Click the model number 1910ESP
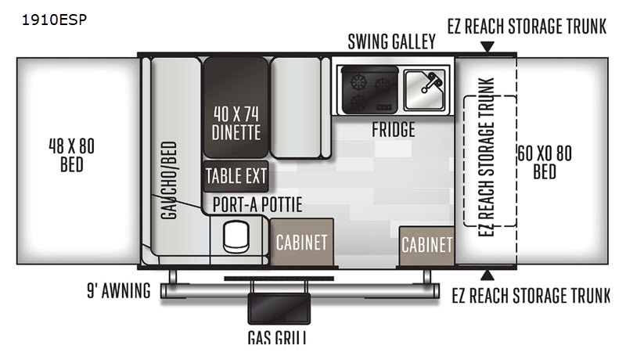(54, 20)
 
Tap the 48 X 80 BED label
(72, 155)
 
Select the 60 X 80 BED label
(545, 163)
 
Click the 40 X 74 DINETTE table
(236, 108)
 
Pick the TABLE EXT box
(236, 176)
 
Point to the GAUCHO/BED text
(169, 180)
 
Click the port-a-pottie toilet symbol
(236, 237)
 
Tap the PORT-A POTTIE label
(257, 205)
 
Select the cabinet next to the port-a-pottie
(302, 242)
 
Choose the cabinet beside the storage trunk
(426, 246)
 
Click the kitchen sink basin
(424, 90)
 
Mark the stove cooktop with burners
(370, 90)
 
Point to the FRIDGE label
(394, 130)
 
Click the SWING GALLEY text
(392, 41)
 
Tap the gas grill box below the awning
(279, 308)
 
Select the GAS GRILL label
(277, 337)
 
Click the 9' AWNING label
(119, 290)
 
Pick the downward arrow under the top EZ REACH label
(487, 47)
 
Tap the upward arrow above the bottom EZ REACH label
(487, 275)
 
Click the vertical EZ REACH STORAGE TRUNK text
(486, 157)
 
